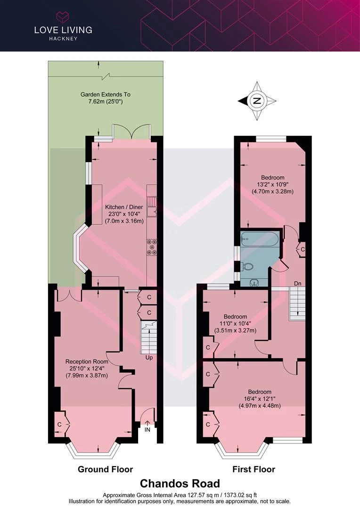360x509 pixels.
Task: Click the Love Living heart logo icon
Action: coord(63,17)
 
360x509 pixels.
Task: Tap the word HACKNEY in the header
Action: coord(63,39)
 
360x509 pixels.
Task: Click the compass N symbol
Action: coord(257,101)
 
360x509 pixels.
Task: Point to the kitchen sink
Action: coord(152,212)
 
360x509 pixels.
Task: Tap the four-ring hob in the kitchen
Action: coord(152,247)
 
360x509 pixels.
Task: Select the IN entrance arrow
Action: coord(147,423)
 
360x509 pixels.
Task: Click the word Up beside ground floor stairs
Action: coord(149,358)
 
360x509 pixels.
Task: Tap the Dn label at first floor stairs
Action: coord(298,283)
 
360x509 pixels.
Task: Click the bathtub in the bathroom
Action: coord(260,239)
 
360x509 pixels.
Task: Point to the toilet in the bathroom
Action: coord(248,267)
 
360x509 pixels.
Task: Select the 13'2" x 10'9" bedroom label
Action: coord(273,184)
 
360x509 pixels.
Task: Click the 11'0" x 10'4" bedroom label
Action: coord(235,323)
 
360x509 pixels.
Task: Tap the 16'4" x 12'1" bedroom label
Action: coord(260,399)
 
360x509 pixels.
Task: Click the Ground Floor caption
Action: coord(105,469)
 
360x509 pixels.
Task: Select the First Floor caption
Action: coord(254,469)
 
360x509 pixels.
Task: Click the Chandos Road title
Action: coord(180,484)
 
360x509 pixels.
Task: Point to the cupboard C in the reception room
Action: coord(60,424)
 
